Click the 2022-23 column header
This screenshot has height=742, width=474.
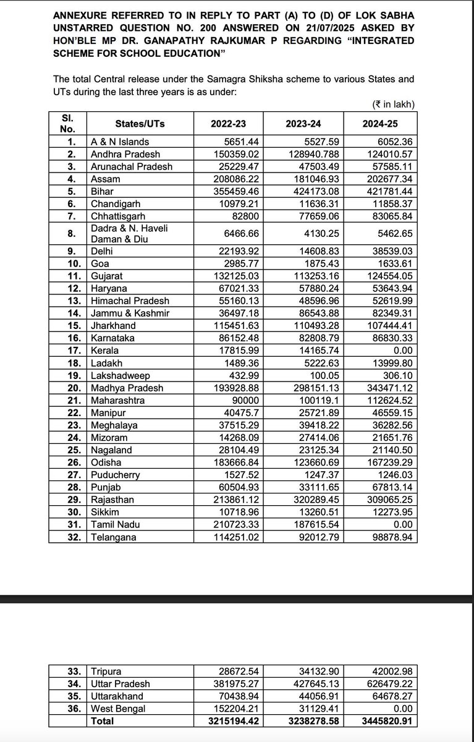(x=232, y=123)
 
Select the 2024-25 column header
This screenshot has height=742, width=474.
(x=380, y=123)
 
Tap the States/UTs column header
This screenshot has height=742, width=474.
(x=139, y=123)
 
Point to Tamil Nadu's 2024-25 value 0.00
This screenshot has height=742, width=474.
(x=404, y=525)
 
